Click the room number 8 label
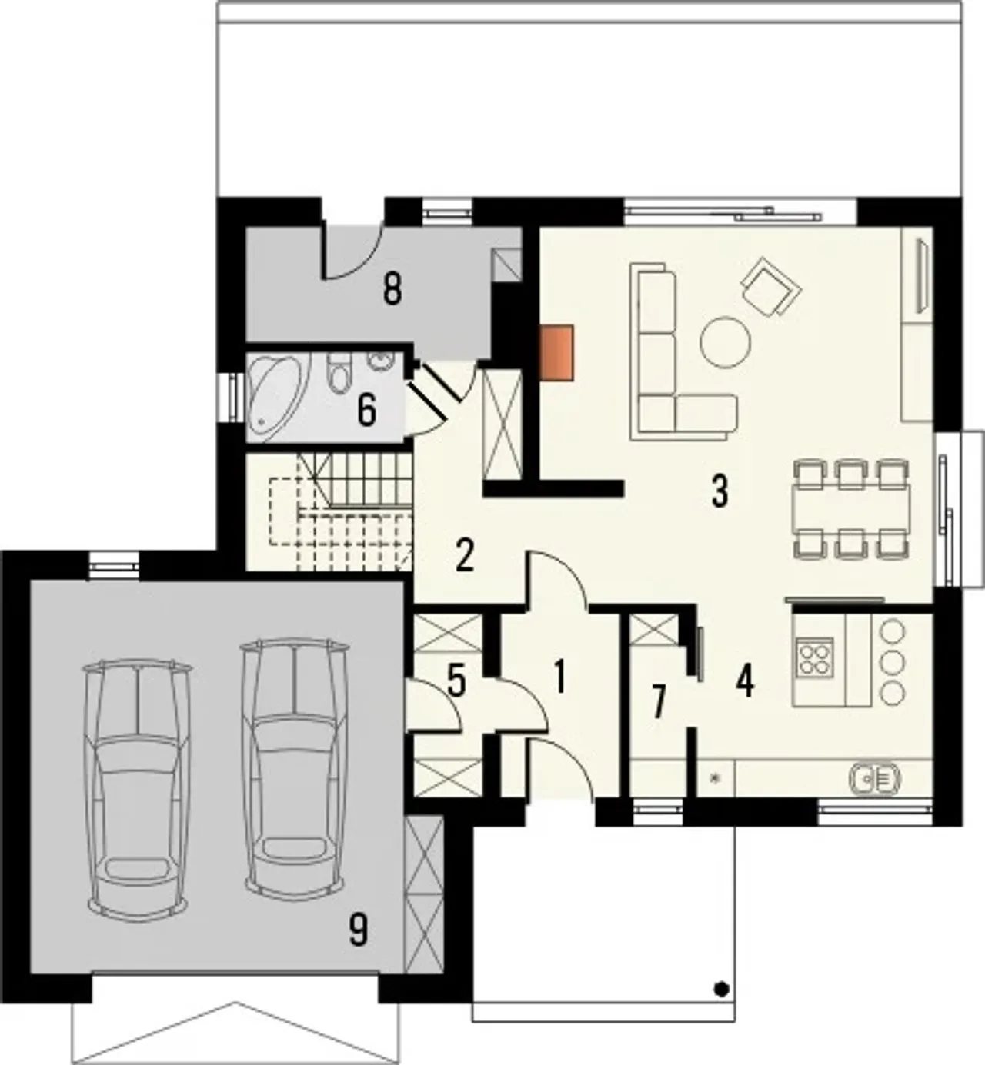pyautogui.click(x=392, y=290)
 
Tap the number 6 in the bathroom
pyautogui.click(x=366, y=411)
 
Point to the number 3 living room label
pyautogui.click(x=720, y=491)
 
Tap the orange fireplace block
pyautogui.click(x=558, y=353)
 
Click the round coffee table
pyautogui.click(x=725, y=342)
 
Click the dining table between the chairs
pyautogui.click(x=853, y=508)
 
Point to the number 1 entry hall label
pyautogui.click(x=559, y=677)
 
